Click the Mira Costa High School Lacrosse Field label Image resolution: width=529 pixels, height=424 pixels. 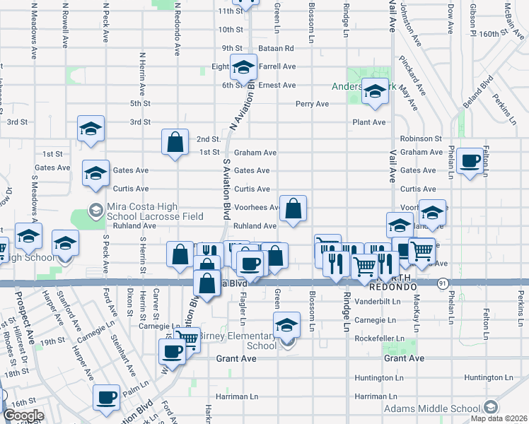(x=153, y=210)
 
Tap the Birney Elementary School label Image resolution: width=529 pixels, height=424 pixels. (x=238, y=341)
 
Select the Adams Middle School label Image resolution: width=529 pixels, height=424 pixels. (x=431, y=408)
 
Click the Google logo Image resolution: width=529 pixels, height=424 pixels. (x=23, y=416)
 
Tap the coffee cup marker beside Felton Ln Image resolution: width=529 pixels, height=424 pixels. (x=470, y=162)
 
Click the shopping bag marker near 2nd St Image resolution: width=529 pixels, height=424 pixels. (x=175, y=143)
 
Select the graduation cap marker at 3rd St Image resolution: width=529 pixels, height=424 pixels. (x=91, y=129)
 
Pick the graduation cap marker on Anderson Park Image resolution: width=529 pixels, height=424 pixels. (x=375, y=92)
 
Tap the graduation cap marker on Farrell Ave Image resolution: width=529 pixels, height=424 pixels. (x=244, y=68)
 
